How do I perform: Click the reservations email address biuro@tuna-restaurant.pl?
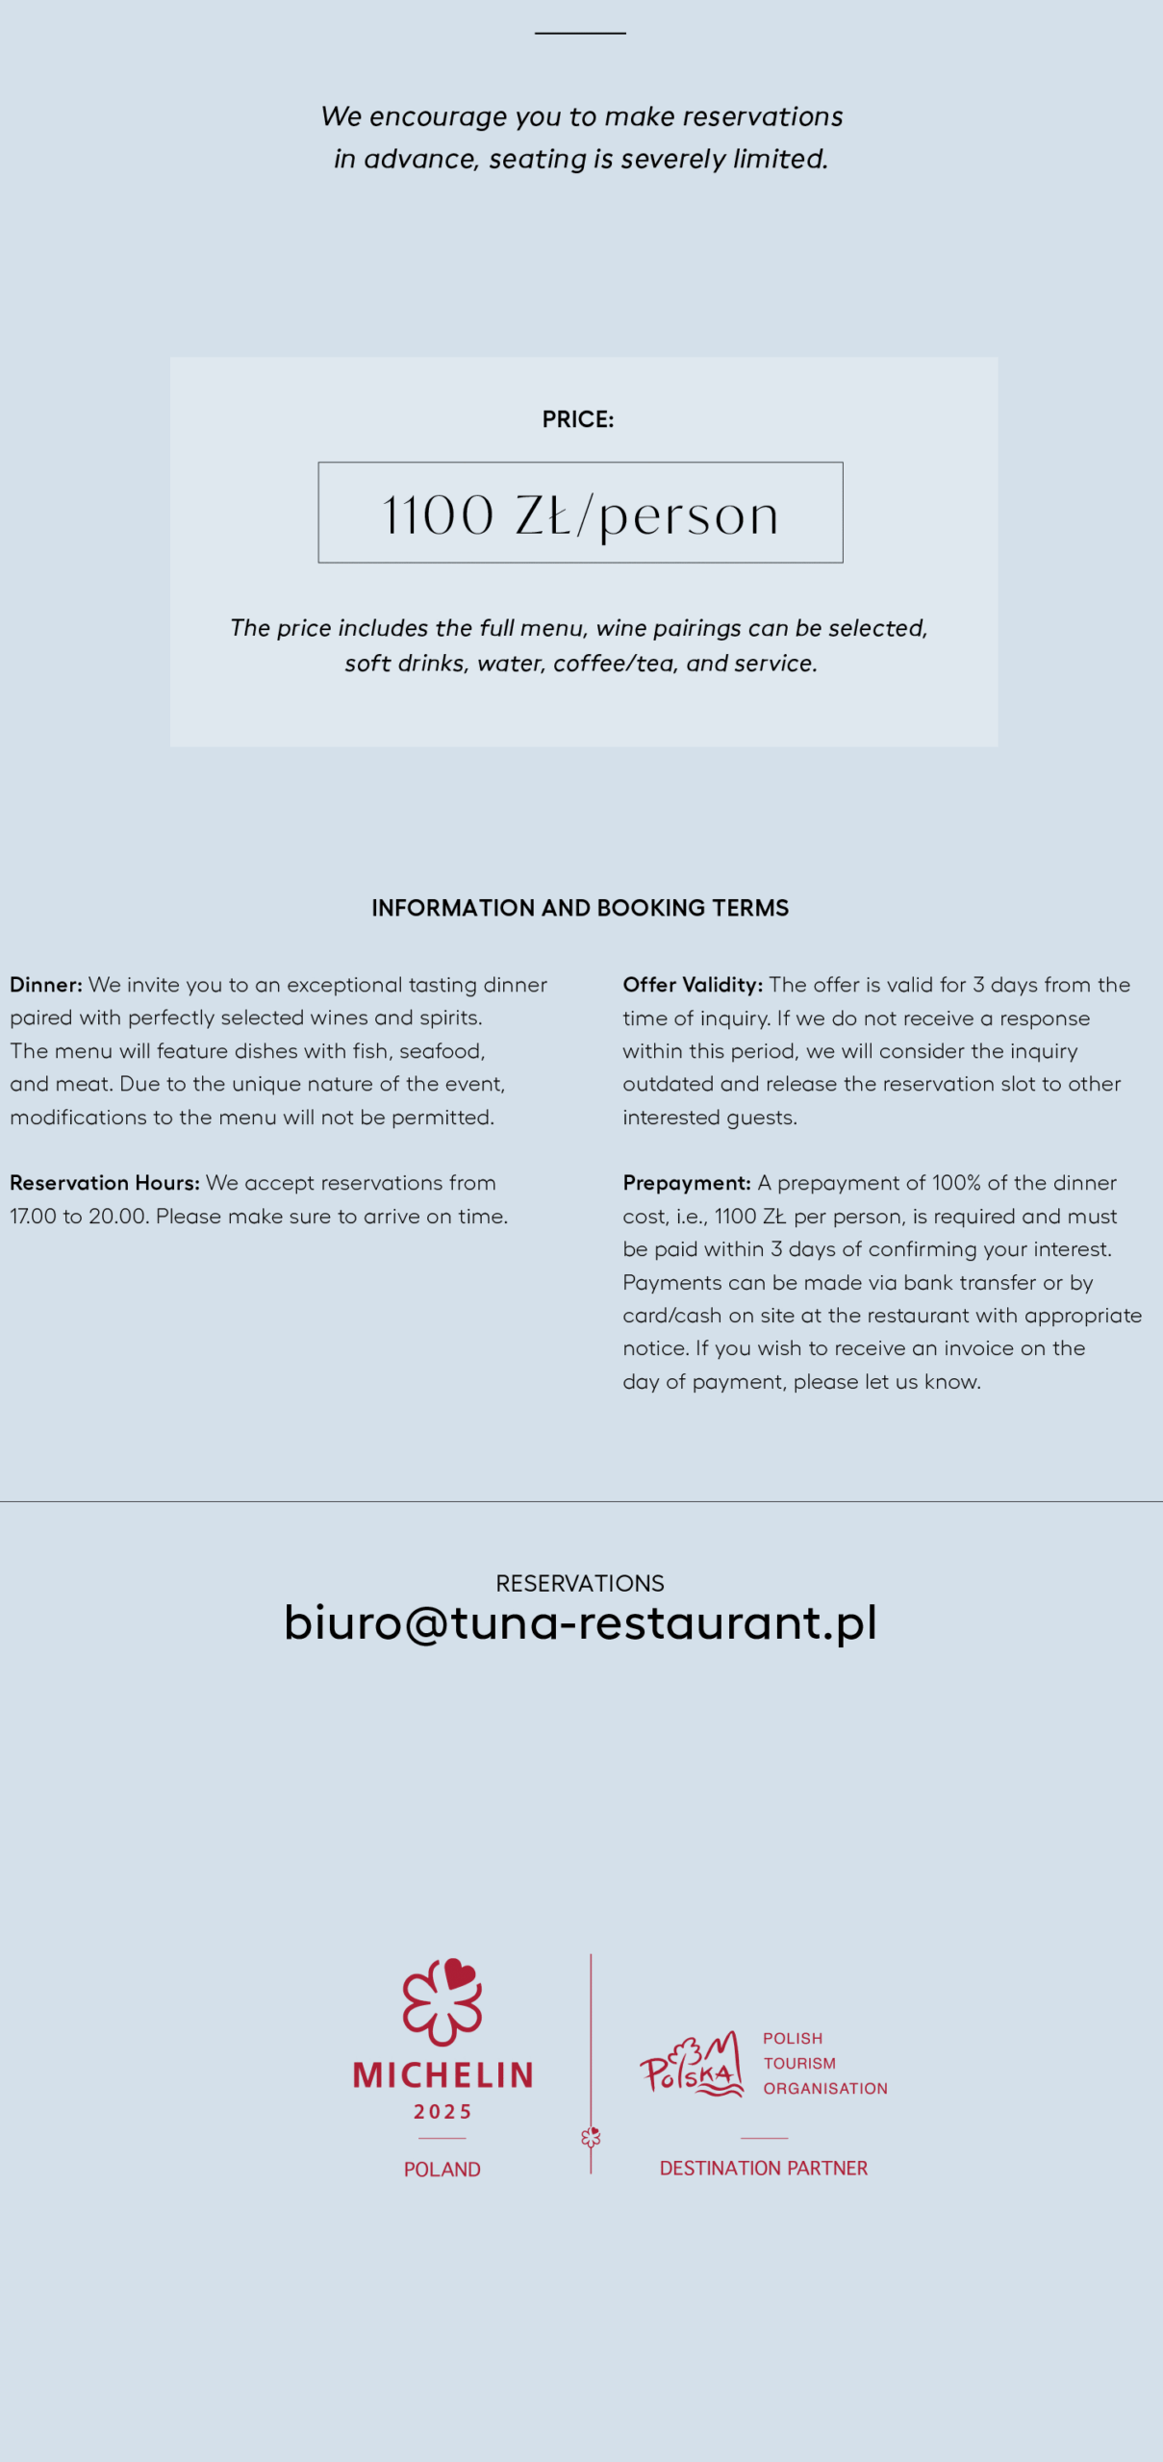[580, 1622]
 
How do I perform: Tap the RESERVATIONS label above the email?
[580, 1583]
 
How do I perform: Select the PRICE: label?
[578, 419]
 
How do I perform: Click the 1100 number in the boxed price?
[438, 515]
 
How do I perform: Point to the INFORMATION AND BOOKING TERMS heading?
[580, 908]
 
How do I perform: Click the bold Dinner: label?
[46, 985]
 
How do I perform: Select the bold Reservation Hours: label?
[105, 1183]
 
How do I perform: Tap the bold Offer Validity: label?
[693, 985]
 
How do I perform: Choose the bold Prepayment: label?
[687, 1183]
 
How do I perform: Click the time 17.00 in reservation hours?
[34, 1217]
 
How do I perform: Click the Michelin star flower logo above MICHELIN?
[442, 2000]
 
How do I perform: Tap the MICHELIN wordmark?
[442, 2074]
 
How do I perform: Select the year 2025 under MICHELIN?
[442, 2112]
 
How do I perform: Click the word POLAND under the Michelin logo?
[442, 2169]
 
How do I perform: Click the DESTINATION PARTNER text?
[764, 2168]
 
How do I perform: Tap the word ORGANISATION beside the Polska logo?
[825, 2088]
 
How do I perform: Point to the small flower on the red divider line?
[591, 2137]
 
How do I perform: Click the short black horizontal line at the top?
[580, 33]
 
